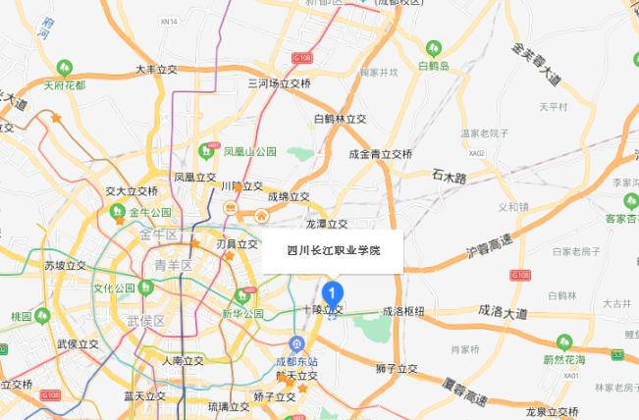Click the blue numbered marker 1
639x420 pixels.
point(333,291)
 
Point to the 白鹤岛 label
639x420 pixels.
point(432,65)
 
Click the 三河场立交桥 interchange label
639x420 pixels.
point(279,84)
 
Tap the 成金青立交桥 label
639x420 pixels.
point(380,154)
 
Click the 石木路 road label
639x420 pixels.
point(449,176)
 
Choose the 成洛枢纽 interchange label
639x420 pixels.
point(402,310)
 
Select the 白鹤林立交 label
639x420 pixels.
point(340,119)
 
